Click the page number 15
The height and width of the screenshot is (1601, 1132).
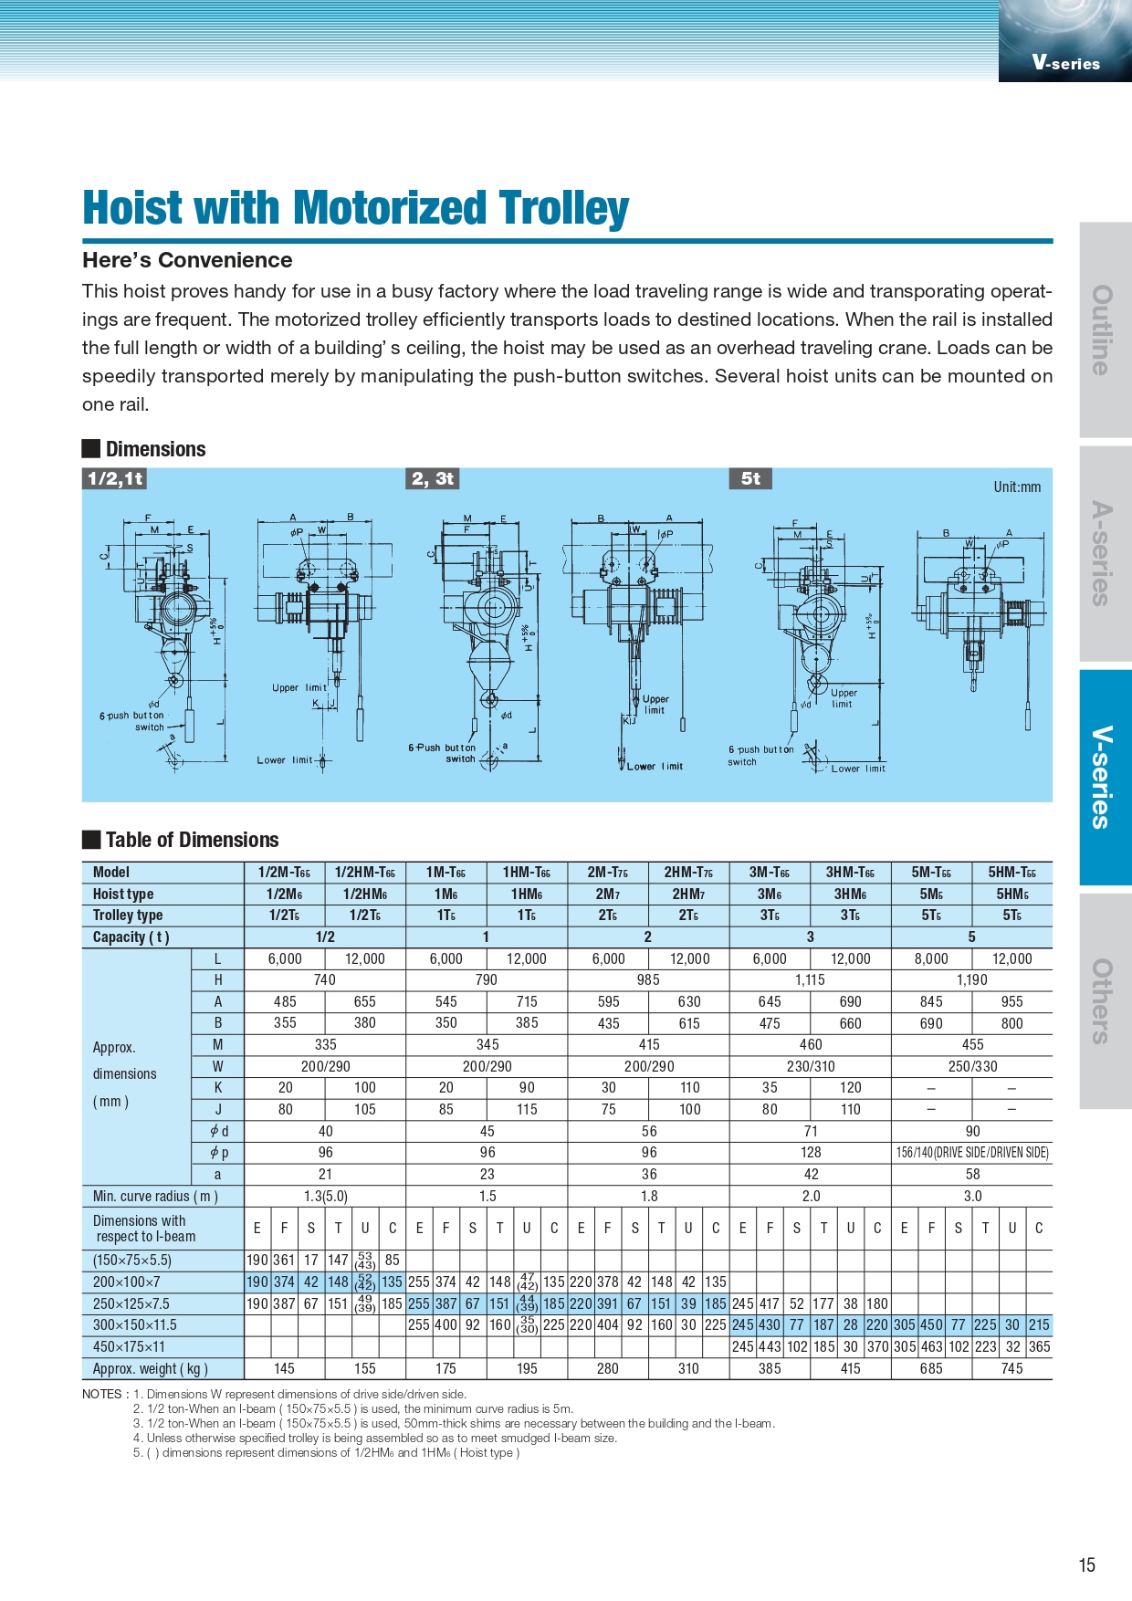click(1086, 1565)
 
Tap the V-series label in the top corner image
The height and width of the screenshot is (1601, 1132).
click(1066, 63)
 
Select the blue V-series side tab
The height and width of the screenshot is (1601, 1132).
click(1106, 778)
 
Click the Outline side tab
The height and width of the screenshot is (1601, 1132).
click(1106, 330)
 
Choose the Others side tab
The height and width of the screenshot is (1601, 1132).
click(1106, 1001)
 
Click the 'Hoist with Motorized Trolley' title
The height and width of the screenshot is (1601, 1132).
click(355, 208)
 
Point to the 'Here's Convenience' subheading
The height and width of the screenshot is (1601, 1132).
click(187, 260)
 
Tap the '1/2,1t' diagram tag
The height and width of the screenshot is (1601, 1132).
click(115, 479)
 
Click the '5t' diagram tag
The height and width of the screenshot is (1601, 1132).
click(750, 478)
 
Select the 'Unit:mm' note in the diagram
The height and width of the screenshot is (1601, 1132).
click(1017, 487)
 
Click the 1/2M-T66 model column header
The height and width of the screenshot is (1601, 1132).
click(284, 872)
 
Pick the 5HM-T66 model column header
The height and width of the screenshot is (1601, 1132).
click(1011, 872)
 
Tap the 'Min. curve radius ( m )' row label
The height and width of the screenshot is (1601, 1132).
click(155, 1196)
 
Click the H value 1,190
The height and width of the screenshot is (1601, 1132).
click(972, 979)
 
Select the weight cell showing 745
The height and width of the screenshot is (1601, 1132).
click(1011, 1368)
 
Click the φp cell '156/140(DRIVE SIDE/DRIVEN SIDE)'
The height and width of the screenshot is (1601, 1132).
click(972, 1152)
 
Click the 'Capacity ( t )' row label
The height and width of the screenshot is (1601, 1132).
click(131, 937)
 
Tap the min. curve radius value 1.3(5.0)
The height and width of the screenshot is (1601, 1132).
click(325, 1196)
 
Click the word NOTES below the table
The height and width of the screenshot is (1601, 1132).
click(102, 1394)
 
